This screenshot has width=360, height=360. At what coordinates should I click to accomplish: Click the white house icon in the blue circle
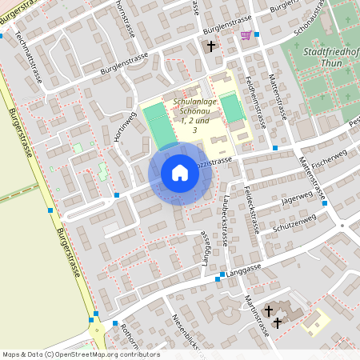pyautogui.click(x=179, y=173)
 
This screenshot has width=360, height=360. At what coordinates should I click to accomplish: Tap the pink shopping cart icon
pyautogui.click(x=246, y=35)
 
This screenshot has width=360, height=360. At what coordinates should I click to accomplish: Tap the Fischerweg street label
pyautogui.click(x=330, y=163)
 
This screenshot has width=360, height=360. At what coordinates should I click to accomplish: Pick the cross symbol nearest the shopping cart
pyautogui.click(x=212, y=46)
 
